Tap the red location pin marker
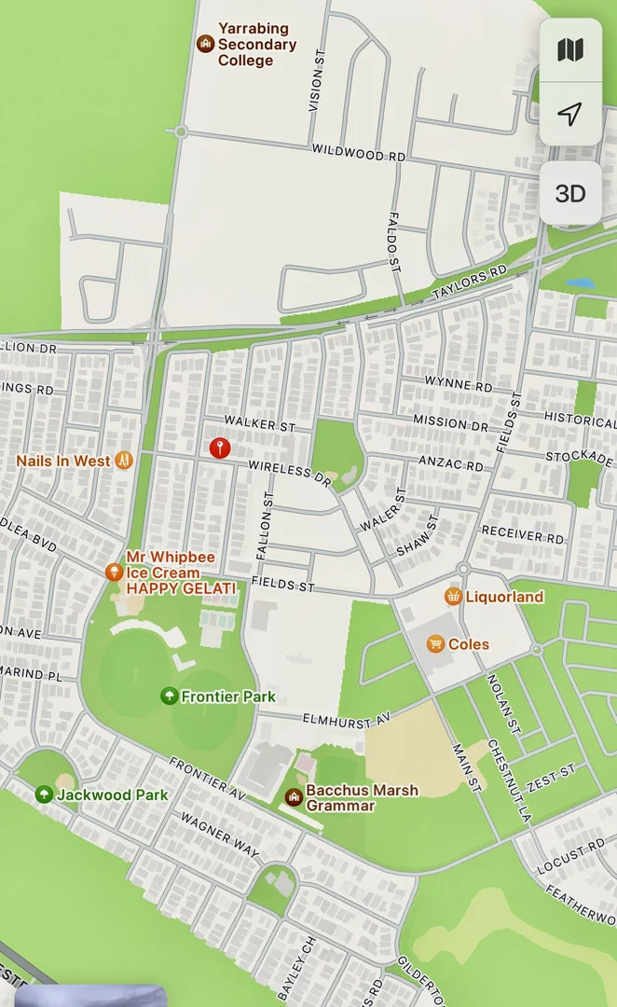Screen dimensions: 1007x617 coord(219,448)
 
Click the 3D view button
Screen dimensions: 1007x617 coord(570,193)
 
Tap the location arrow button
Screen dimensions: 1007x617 coord(570,114)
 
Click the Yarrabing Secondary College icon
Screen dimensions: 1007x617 coord(205,44)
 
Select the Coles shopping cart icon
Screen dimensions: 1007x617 coord(435,643)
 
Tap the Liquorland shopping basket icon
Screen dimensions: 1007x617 coord(453,596)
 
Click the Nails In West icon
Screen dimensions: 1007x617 coord(123,461)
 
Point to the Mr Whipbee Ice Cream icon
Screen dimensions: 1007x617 coord(114,572)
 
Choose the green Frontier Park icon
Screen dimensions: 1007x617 coord(169,696)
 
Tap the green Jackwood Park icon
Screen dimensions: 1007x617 coord(44,794)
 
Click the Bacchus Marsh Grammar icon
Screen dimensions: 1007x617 coord(293,796)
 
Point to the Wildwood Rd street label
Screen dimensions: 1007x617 coord(359,153)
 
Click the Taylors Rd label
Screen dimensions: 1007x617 coord(471,283)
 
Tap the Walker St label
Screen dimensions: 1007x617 coord(259,424)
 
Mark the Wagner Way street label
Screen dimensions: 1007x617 coord(220,833)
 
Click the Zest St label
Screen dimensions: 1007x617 coord(554,775)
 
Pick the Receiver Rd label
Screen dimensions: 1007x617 coord(523,536)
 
